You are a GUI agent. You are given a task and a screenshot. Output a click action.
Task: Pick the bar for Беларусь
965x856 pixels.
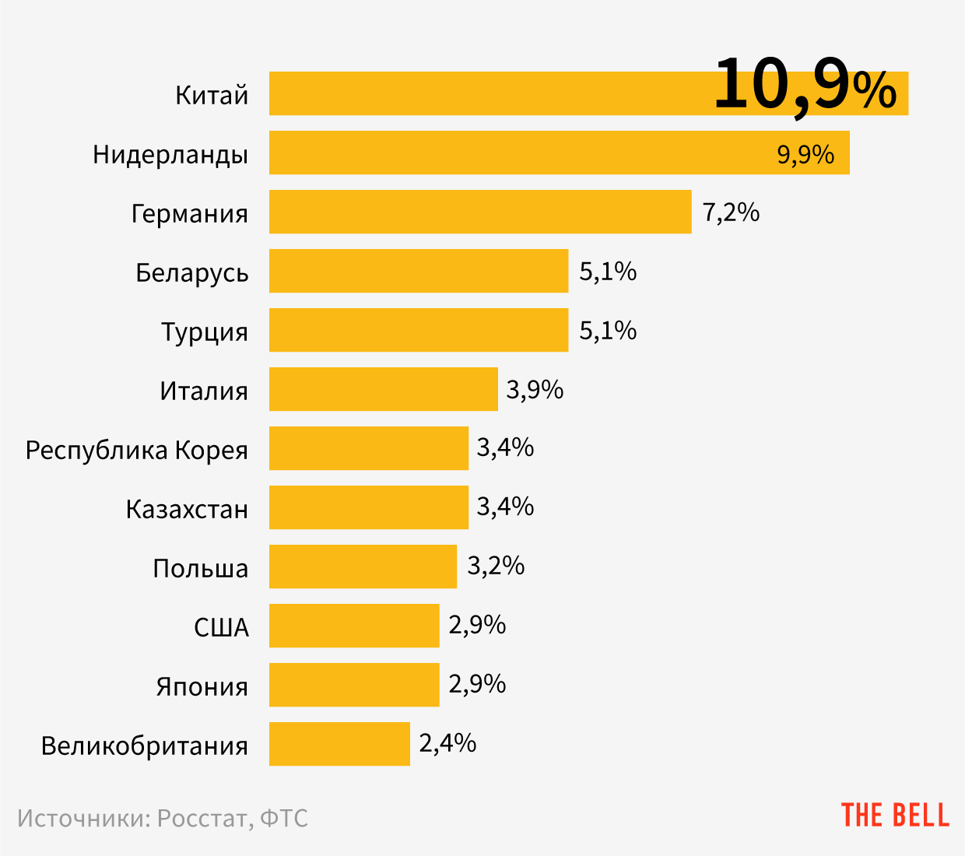pyautogui.click(x=419, y=271)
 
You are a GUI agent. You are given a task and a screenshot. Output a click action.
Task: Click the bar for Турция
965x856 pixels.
pyautogui.click(x=419, y=330)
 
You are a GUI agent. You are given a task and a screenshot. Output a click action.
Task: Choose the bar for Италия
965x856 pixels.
pyautogui.click(x=383, y=389)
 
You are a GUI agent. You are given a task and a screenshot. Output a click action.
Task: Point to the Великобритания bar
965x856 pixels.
pyautogui.click(x=339, y=744)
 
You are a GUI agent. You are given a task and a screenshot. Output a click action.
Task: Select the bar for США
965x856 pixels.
pyautogui.click(x=354, y=626)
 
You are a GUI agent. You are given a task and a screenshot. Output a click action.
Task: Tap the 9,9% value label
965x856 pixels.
pyautogui.click(x=805, y=154)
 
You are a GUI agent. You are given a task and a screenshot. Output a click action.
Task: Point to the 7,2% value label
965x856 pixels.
pyautogui.click(x=731, y=212)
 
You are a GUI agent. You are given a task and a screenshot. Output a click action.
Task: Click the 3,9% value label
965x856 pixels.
pyautogui.click(x=535, y=389)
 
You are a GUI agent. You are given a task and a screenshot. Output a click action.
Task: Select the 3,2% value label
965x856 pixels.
pyautogui.click(x=496, y=566)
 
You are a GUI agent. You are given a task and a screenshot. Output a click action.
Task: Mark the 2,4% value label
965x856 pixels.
pyautogui.click(x=447, y=743)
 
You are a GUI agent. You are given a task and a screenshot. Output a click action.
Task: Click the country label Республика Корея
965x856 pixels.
pyautogui.click(x=137, y=450)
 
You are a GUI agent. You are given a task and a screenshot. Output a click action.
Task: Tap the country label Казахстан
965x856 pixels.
pyautogui.click(x=187, y=509)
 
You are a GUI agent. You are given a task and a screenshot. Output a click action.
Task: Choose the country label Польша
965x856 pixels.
pyautogui.click(x=200, y=568)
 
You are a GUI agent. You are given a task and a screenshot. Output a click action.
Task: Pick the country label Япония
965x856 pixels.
pyautogui.click(x=202, y=686)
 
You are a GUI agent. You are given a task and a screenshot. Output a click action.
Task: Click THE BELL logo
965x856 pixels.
pyautogui.click(x=895, y=815)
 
